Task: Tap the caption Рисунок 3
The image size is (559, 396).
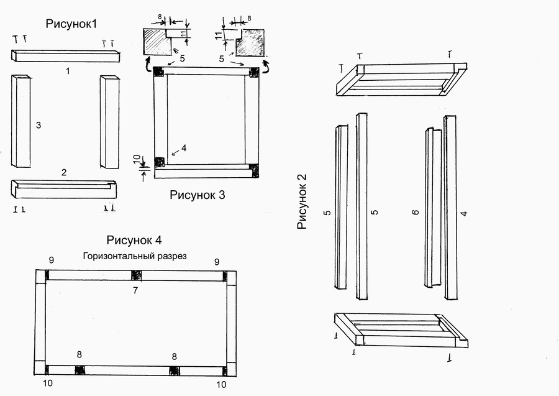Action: coord(198,195)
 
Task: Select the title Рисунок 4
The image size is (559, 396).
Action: coord(134,240)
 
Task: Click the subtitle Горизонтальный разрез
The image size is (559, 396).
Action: coord(135,256)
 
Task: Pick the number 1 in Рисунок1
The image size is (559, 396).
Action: coord(68,71)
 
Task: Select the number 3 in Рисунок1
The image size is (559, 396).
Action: coord(39,126)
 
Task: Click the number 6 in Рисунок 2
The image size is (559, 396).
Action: coord(416,212)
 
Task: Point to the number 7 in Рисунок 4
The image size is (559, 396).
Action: coord(135,290)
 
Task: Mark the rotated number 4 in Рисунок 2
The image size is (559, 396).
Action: coord(463,213)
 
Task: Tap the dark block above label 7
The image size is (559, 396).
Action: coord(135,275)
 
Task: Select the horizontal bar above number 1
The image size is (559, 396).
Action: coord(65,55)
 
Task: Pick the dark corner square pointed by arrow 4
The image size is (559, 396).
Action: coord(159,162)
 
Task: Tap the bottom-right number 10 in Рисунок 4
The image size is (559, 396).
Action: coord(222,384)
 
